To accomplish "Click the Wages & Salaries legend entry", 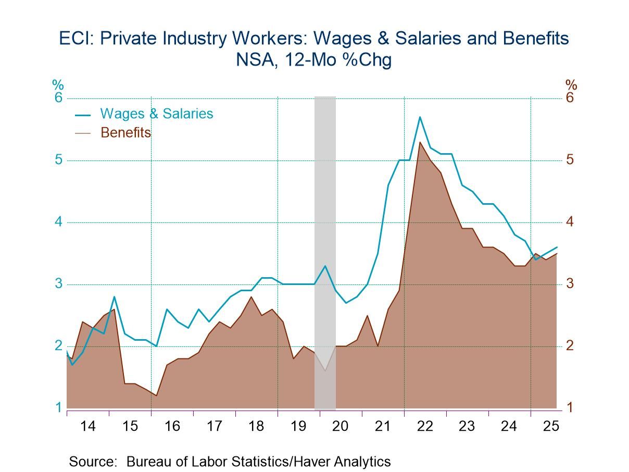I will coord(156,114).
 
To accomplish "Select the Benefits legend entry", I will coord(125,133).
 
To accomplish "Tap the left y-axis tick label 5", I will coord(59,159).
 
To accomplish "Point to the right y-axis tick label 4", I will coord(570,222).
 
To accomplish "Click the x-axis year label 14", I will coord(88,426).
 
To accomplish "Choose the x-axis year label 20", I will coord(340,426).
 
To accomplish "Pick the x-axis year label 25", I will coord(551,426).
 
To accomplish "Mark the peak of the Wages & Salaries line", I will coord(420,117).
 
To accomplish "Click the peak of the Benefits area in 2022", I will coord(420,142).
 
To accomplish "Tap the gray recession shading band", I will coord(325,208).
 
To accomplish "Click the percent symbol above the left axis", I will coord(57,85).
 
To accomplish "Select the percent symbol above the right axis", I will coord(571,85).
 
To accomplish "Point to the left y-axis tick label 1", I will coord(59,407).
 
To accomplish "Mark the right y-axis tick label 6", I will coord(570,98).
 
